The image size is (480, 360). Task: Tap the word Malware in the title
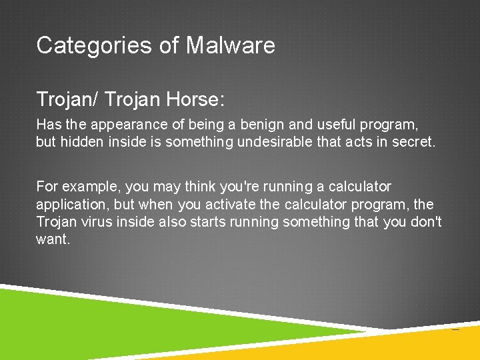tap(230, 45)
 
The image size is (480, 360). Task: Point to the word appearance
tap(121, 124)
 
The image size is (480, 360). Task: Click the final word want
tap(52, 239)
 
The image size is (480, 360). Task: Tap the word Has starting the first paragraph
tap(47, 124)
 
